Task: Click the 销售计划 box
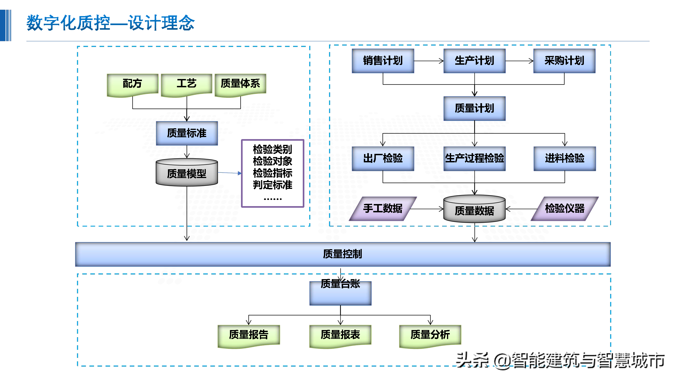click(x=383, y=61)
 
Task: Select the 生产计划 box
click(x=474, y=61)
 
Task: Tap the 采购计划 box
click(x=564, y=61)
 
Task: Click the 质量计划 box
click(x=474, y=108)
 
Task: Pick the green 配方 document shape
click(x=132, y=84)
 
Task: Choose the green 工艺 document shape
click(x=186, y=84)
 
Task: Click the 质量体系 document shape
click(x=240, y=84)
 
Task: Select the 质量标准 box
click(x=187, y=133)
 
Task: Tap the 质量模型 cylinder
click(x=187, y=173)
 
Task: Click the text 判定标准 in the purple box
click(x=272, y=185)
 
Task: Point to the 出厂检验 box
click(x=383, y=158)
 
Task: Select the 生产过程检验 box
click(x=474, y=158)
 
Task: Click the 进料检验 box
click(x=564, y=158)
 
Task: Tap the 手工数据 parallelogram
click(x=383, y=209)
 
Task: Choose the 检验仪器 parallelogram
click(x=564, y=209)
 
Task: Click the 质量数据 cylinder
click(x=474, y=210)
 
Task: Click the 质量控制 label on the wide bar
click(x=342, y=254)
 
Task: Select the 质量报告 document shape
click(x=249, y=335)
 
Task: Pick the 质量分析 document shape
click(x=430, y=335)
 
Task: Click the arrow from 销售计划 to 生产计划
click(x=429, y=61)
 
